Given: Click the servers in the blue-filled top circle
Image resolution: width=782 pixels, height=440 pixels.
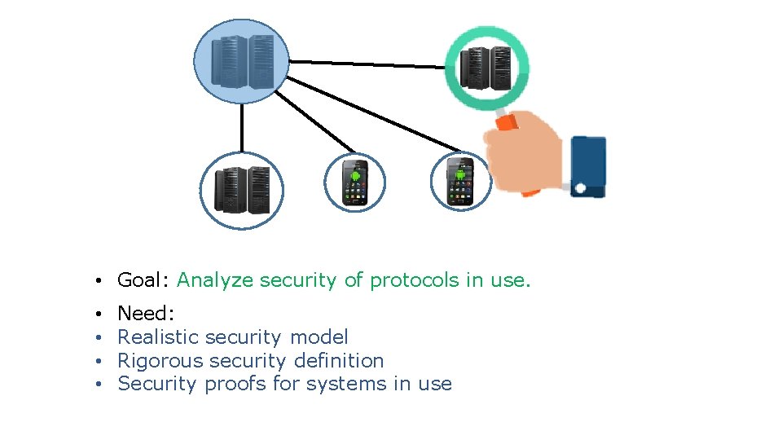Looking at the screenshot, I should pos(242,61).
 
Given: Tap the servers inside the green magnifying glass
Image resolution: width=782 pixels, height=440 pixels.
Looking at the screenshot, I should pos(486,68).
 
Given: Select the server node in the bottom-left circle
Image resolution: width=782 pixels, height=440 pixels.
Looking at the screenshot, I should pos(242,190).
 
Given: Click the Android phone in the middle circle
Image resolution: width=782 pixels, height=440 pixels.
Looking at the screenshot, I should pos(355,182).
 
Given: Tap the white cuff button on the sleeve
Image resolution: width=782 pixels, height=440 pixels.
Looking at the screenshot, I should pos(580,188).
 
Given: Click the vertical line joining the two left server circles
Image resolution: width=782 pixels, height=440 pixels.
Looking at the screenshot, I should pos(241,128).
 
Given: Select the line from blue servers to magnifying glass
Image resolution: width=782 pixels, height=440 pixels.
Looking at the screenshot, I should pos(367,63).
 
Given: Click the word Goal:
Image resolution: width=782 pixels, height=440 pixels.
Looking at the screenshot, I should pos(143,281).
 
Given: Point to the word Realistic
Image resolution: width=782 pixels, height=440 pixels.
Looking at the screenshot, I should pos(159,337).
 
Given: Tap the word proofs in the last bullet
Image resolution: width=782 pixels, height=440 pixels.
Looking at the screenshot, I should pos(235,385).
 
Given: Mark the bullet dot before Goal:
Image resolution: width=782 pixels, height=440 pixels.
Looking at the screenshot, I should pos(97,282).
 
